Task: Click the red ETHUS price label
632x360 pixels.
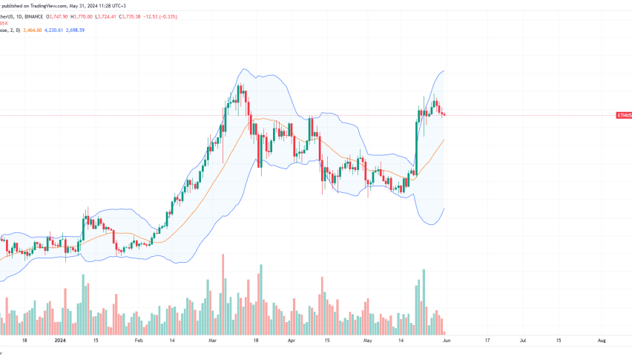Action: point(623,116)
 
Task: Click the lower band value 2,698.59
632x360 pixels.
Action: point(89,30)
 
